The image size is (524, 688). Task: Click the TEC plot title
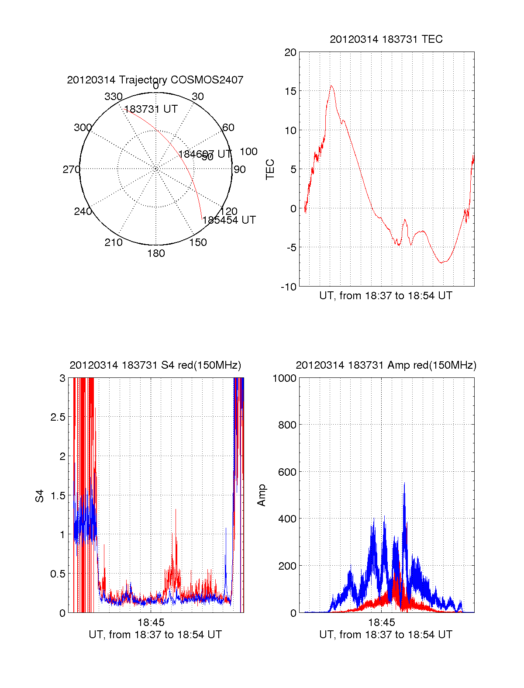(x=386, y=39)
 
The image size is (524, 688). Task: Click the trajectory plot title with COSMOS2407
(x=155, y=80)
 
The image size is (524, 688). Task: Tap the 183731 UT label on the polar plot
(x=151, y=109)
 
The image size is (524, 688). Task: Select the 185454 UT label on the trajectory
(x=229, y=220)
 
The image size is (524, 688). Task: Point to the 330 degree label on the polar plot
(x=113, y=97)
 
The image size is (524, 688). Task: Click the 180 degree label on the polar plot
(x=156, y=253)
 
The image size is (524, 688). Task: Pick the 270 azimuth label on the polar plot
(x=71, y=169)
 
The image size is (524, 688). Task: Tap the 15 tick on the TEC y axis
(x=290, y=91)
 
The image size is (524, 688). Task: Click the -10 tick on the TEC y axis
(x=288, y=287)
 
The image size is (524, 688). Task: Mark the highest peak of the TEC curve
(x=331, y=86)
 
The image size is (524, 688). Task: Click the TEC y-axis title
(x=270, y=169)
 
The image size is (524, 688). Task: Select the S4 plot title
(x=155, y=365)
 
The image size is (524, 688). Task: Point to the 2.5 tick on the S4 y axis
(x=58, y=417)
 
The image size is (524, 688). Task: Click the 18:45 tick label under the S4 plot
(x=151, y=622)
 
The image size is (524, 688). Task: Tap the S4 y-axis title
(x=40, y=496)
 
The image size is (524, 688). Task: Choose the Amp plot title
(x=386, y=365)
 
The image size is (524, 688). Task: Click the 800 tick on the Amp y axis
(x=287, y=425)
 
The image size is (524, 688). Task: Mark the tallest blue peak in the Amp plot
(x=404, y=483)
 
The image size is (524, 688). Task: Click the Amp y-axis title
(x=262, y=495)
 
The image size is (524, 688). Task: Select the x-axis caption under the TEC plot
(x=386, y=296)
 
